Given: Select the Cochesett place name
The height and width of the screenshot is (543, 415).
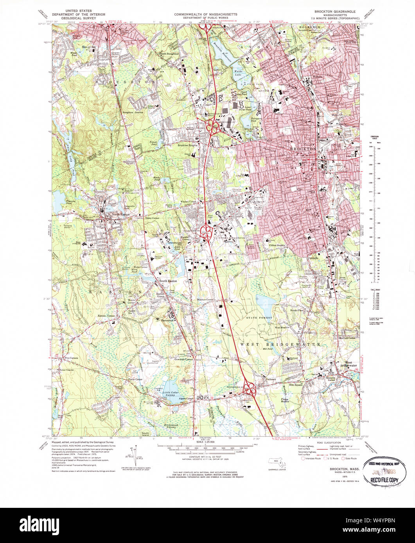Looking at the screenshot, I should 271,379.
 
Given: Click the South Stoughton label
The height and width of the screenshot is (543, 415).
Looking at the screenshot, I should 169,54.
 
